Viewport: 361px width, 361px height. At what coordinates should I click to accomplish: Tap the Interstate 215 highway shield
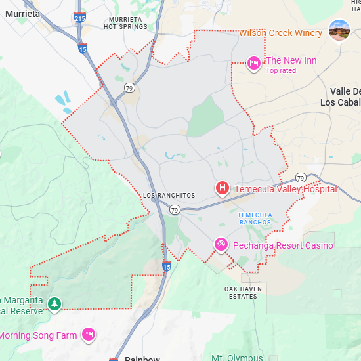[x=79, y=17]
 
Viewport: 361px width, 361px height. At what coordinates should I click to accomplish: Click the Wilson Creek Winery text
[x=280, y=33]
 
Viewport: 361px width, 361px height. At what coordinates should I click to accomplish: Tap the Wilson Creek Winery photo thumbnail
[x=339, y=30]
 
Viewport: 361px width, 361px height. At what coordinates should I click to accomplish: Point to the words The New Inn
[x=291, y=61]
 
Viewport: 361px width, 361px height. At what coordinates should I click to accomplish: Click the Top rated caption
[x=281, y=71]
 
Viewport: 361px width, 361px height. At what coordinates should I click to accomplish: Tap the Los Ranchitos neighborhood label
[x=169, y=196]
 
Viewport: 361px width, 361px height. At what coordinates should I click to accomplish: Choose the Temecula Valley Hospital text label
[x=286, y=189]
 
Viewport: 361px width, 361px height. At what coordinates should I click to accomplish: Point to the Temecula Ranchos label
[x=255, y=219]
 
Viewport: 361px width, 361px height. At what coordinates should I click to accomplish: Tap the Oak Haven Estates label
[x=243, y=293]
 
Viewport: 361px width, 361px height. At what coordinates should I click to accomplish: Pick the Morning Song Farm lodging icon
[x=88, y=335]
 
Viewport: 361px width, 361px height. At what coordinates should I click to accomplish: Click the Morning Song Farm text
[x=37, y=335]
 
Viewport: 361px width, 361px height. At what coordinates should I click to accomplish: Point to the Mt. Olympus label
[x=237, y=358]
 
